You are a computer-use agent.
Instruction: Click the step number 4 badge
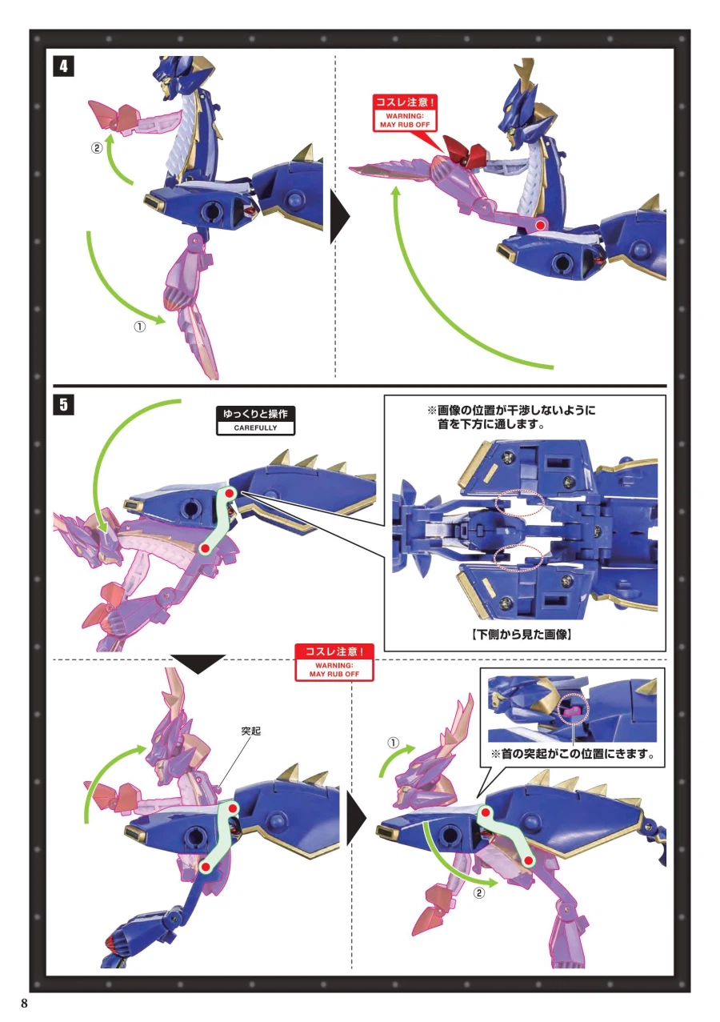63,66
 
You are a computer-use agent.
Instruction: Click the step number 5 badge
63,404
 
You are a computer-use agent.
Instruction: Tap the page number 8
24,1004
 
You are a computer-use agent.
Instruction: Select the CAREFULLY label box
255,421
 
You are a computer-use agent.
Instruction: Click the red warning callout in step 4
405,114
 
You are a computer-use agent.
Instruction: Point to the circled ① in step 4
139,327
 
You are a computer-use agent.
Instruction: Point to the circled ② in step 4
97,148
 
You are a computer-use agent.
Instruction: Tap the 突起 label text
250,731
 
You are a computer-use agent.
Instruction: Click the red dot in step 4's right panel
540,225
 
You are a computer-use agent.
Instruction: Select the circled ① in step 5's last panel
393,743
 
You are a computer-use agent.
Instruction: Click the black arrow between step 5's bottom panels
357,816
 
